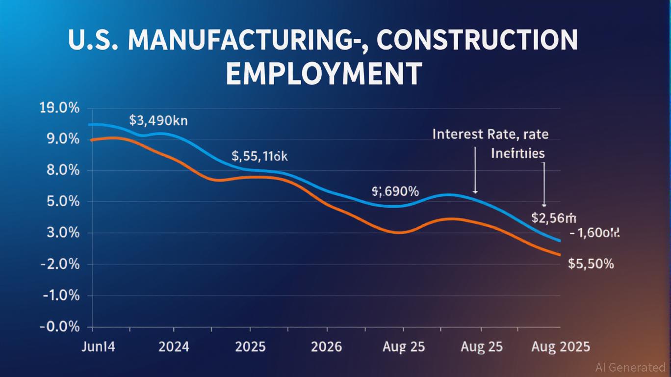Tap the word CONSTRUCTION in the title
[478, 41]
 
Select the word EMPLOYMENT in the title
[324, 74]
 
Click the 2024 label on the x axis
[174, 347]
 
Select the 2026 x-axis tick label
[326, 347]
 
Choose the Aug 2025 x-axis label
[561, 347]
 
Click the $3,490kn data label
[158, 120]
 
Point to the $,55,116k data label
[259, 157]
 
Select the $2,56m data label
[554, 218]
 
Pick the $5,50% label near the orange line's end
[591, 264]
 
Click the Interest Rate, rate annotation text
[490, 135]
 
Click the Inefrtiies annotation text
[517, 154]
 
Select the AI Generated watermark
[630, 367]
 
